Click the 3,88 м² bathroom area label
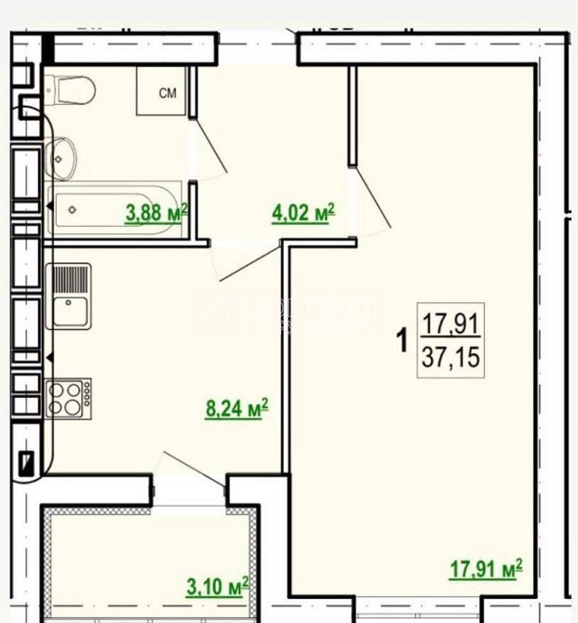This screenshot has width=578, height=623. (x=156, y=212)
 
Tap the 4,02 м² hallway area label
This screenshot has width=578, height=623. (x=302, y=214)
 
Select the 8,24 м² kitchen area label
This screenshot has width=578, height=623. (x=236, y=408)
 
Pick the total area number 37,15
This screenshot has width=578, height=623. (x=453, y=357)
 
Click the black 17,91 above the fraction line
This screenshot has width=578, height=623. (x=453, y=325)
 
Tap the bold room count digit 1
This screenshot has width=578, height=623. (x=402, y=341)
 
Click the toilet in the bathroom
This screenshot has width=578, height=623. (x=70, y=89)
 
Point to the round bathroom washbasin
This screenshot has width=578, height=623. (x=61, y=158)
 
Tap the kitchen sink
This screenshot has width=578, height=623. (x=69, y=311)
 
